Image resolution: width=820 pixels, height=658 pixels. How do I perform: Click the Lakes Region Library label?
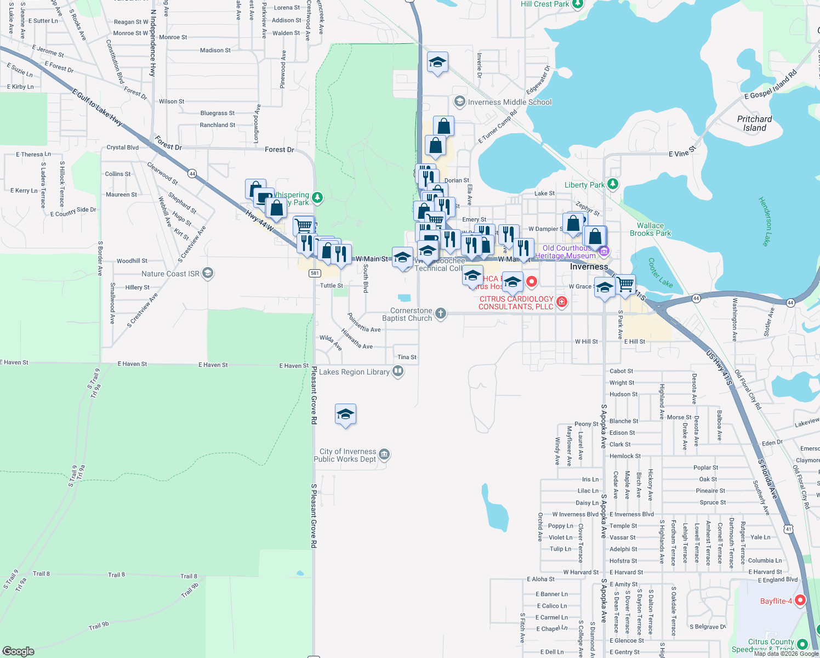[354, 372]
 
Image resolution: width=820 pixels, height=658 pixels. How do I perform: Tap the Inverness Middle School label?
[510, 102]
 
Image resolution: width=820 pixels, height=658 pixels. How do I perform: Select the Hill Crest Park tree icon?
[577, 4]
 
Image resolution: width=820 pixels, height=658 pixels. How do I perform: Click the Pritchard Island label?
[754, 123]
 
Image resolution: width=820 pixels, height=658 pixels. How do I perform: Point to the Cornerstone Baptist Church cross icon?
[440, 314]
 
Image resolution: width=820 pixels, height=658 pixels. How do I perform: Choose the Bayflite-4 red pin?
[800, 600]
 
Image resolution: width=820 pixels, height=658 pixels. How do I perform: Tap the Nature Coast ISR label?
[170, 274]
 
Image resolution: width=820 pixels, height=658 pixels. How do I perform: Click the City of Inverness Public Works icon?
[384, 455]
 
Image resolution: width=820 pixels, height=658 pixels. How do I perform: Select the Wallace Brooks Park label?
[650, 229]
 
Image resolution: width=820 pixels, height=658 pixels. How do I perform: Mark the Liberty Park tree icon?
[613, 184]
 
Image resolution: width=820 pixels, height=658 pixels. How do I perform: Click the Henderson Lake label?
[765, 221]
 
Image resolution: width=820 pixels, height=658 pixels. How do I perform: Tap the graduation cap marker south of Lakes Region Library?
[345, 415]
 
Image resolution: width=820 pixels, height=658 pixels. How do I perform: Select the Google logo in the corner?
[18, 651]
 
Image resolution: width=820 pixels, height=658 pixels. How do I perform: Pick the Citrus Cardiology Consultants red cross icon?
[561, 302]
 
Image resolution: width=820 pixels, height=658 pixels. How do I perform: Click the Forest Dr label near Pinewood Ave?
[279, 149]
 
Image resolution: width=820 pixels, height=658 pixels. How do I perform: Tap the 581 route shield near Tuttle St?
[314, 273]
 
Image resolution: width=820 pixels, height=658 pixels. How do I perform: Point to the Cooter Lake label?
[660, 273]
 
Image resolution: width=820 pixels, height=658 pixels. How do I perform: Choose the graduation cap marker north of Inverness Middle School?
[437, 63]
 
